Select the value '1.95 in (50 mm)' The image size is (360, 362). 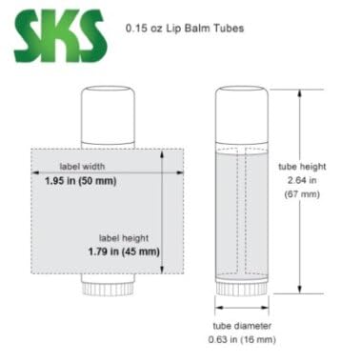pos(83,179)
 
